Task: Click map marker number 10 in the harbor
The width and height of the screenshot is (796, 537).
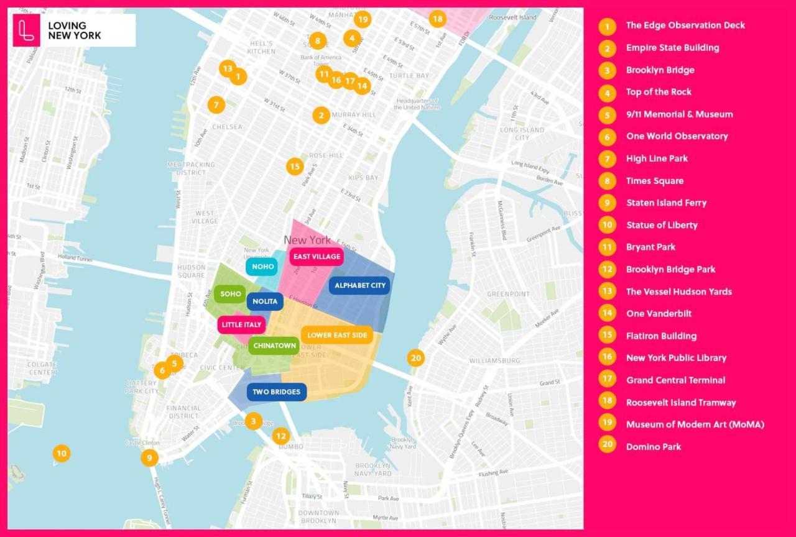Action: tap(61, 454)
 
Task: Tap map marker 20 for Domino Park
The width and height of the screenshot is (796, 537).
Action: tap(416, 358)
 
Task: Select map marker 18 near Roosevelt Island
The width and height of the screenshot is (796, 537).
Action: tap(437, 19)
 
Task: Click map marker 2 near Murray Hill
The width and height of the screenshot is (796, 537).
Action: tap(321, 115)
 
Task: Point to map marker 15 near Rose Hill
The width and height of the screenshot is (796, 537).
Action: tap(295, 167)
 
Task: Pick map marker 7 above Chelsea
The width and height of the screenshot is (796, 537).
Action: tap(216, 105)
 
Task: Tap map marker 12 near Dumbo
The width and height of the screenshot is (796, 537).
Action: tap(281, 436)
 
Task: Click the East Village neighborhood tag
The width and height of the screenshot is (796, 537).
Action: tap(317, 257)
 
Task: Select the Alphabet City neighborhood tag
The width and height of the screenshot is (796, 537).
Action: tap(360, 286)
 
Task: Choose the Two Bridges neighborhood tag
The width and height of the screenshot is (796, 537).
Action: tap(276, 392)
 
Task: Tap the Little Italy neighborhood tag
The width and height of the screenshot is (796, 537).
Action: tap(241, 324)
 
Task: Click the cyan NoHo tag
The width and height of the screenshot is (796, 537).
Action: tap(262, 267)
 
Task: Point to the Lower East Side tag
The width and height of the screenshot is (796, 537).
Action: tap(336, 335)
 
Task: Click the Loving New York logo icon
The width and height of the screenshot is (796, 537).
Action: tap(26, 30)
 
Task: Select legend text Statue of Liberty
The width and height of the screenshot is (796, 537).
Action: tap(662, 225)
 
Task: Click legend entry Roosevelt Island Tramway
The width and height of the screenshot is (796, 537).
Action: tap(680, 402)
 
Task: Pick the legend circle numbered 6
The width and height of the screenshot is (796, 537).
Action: tap(607, 136)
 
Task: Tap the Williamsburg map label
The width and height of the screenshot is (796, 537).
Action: tap(494, 360)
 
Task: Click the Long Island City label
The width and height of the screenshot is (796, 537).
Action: tap(522, 134)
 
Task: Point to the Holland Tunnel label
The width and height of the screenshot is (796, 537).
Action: tap(75, 258)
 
